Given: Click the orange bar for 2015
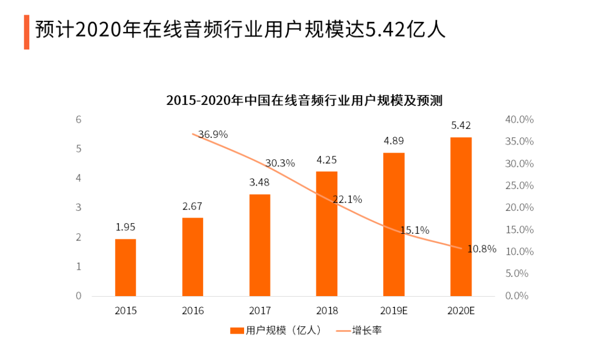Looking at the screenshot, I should coord(126,267).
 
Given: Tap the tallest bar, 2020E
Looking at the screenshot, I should coord(461,216).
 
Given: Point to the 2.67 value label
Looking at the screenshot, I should coord(192,206).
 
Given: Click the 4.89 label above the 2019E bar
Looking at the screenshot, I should coord(393,141).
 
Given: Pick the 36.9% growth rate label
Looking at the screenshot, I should coord(213,135).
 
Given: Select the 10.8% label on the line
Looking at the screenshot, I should coord(482,249).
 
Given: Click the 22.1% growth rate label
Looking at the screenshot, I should coord(347,199).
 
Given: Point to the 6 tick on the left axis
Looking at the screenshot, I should coord(79,119).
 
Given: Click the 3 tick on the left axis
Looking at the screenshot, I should coord(79,207).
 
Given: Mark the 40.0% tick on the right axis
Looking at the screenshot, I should coord(519,119).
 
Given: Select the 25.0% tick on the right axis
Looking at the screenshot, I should coord(519,186).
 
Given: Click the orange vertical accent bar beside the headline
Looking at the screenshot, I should coord(26,32).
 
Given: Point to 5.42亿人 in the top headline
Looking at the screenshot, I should coord(406,30).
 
